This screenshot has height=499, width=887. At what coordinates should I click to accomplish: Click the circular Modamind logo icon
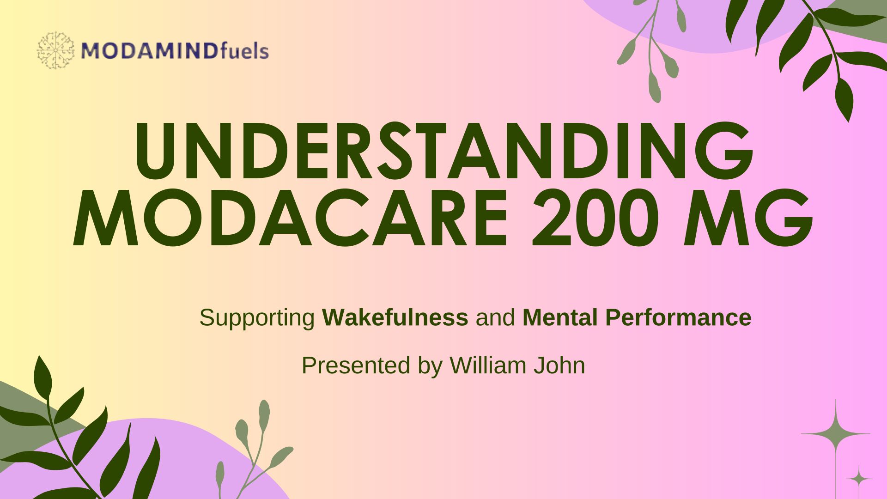click(55, 50)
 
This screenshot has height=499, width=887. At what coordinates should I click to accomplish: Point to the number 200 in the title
click(596, 217)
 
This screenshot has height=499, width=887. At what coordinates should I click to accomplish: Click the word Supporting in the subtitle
click(257, 318)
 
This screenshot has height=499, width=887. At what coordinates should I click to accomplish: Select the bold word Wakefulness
click(395, 317)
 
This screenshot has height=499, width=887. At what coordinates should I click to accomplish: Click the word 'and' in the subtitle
click(495, 317)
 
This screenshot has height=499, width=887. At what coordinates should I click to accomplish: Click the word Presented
click(356, 365)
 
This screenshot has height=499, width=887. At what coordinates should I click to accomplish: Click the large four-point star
click(836, 434)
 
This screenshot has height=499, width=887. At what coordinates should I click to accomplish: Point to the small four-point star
click(859, 479)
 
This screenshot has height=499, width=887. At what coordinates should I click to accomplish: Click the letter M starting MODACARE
click(106, 217)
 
